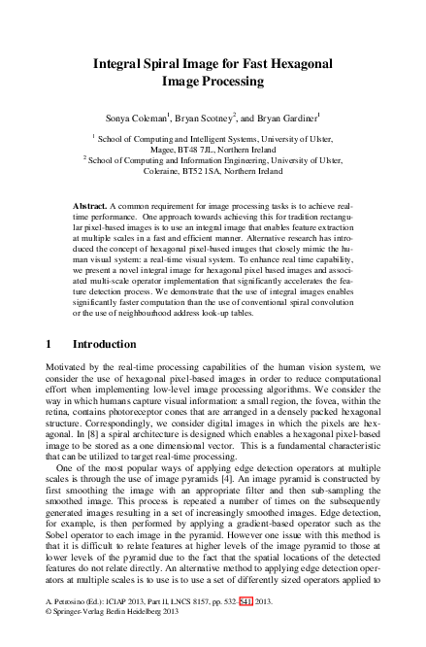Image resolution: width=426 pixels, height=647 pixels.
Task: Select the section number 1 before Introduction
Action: point(49,345)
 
